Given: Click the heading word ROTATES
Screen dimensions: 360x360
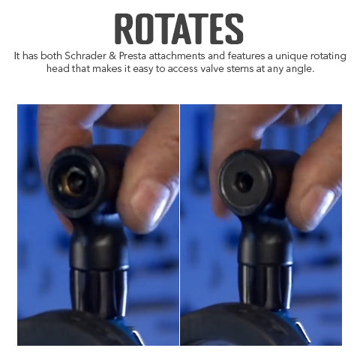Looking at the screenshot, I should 179,28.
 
